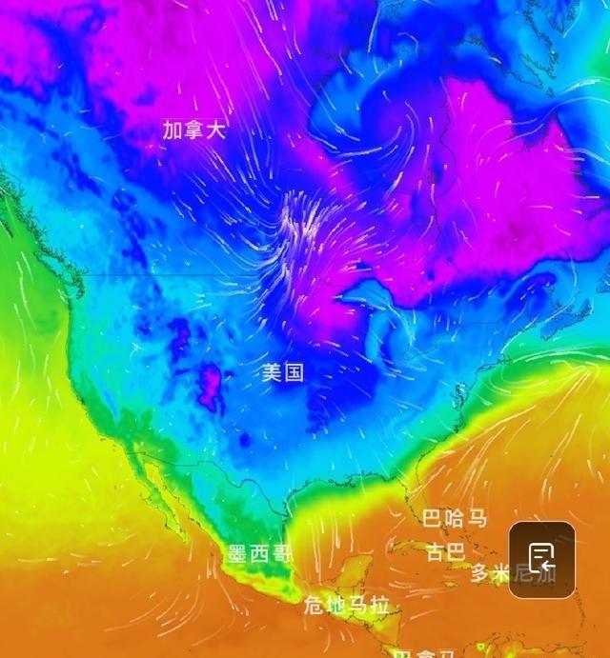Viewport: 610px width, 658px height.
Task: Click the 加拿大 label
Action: pyautogui.click(x=194, y=130)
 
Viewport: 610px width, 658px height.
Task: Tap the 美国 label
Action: pyautogui.click(x=283, y=372)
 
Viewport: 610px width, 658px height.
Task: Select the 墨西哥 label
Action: pyautogui.click(x=259, y=554)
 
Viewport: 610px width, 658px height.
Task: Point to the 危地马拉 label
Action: pyautogui.click(x=347, y=605)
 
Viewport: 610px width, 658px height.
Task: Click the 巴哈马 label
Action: pyautogui.click(x=455, y=519)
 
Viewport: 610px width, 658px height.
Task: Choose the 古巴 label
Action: pyautogui.click(x=445, y=552)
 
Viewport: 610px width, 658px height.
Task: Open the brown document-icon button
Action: pyautogui.click(x=541, y=560)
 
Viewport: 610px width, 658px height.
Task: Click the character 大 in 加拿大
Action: pyautogui.click(x=216, y=130)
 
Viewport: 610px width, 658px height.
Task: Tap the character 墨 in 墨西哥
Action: pyautogui.click(x=238, y=554)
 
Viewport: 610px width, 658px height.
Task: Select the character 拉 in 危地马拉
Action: pyautogui.click(x=379, y=605)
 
